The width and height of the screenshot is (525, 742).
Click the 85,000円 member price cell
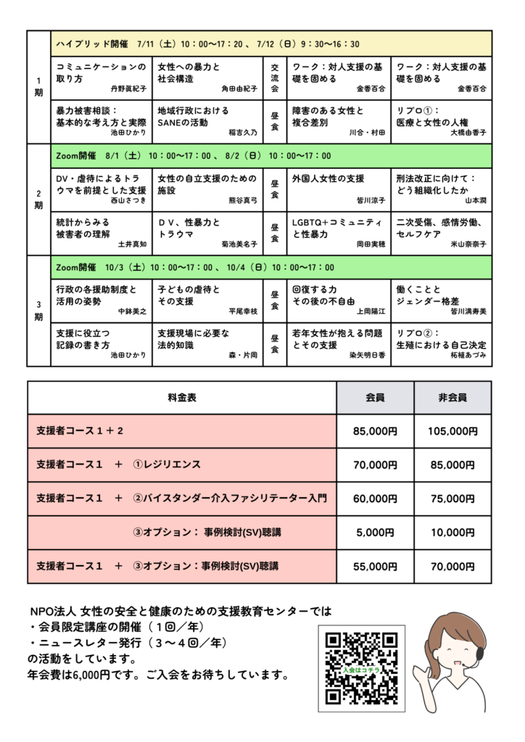(x=375, y=431)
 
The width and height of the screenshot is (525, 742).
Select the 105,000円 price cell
(x=452, y=431)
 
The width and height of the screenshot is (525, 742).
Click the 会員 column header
(x=375, y=398)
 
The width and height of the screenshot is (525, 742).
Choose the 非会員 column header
(x=452, y=398)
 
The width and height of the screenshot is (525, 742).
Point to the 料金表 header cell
(x=182, y=398)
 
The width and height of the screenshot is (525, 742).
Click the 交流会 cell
(x=274, y=78)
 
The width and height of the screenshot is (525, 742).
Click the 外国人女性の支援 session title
(x=328, y=178)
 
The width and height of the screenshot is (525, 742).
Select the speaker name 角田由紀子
(x=239, y=89)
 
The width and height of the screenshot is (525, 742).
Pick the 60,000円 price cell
(x=375, y=499)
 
